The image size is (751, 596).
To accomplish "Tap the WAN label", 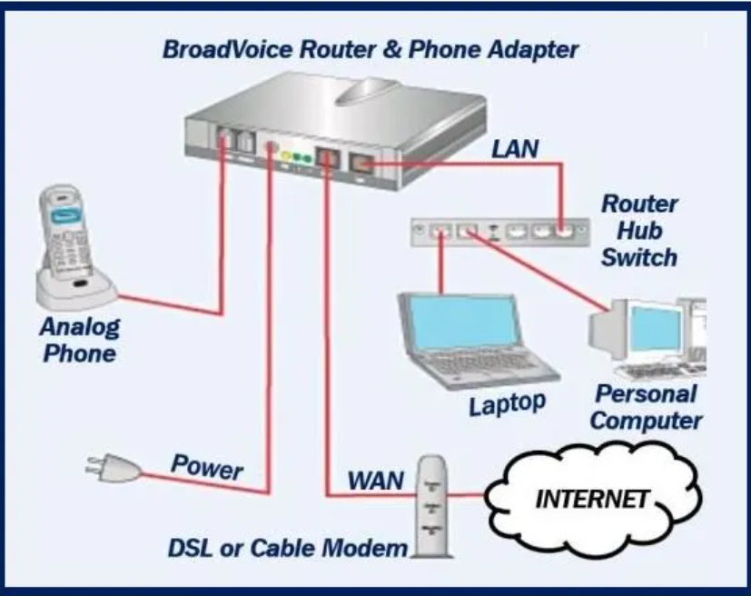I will coord(374,480).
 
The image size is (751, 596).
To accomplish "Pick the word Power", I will coord(207,468).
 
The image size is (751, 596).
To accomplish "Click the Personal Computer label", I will coord(647,407).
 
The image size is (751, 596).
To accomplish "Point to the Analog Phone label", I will coord(79,339).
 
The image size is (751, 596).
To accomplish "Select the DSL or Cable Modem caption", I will coord(288,548).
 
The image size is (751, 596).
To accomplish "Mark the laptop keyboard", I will coord(489,364).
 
